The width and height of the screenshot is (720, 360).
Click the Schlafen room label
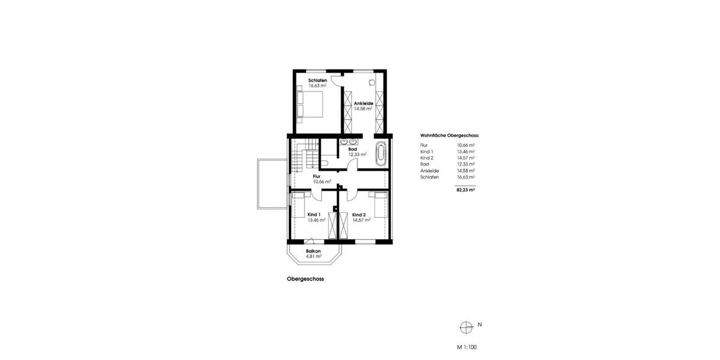pyautogui.click(x=317, y=80)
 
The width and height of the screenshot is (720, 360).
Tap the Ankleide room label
pyautogui.click(x=364, y=103)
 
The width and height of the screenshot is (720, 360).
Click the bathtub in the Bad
pyautogui.click(x=380, y=154)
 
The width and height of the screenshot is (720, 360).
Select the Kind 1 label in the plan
pyautogui.click(x=314, y=214)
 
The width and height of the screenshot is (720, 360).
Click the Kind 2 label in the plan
pyautogui.click(x=359, y=214)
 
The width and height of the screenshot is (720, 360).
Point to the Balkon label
pyautogui.click(x=313, y=251)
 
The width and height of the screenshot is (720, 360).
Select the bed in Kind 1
pyautogui.click(x=298, y=204)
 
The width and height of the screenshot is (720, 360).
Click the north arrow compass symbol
pyautogui.click(x=466, y=327)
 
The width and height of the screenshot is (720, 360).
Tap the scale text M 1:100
pyautogui.click(x=466, y=347)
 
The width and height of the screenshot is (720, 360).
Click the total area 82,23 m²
pyautogui.click(x=465, y=189)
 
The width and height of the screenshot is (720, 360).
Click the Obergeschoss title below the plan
pyautogui.click(x=305, y=279)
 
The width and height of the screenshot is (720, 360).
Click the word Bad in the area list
pyautogui.click(x=425, y=164)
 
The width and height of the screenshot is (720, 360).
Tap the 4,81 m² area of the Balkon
pyautogui.click(x=313, y=256)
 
